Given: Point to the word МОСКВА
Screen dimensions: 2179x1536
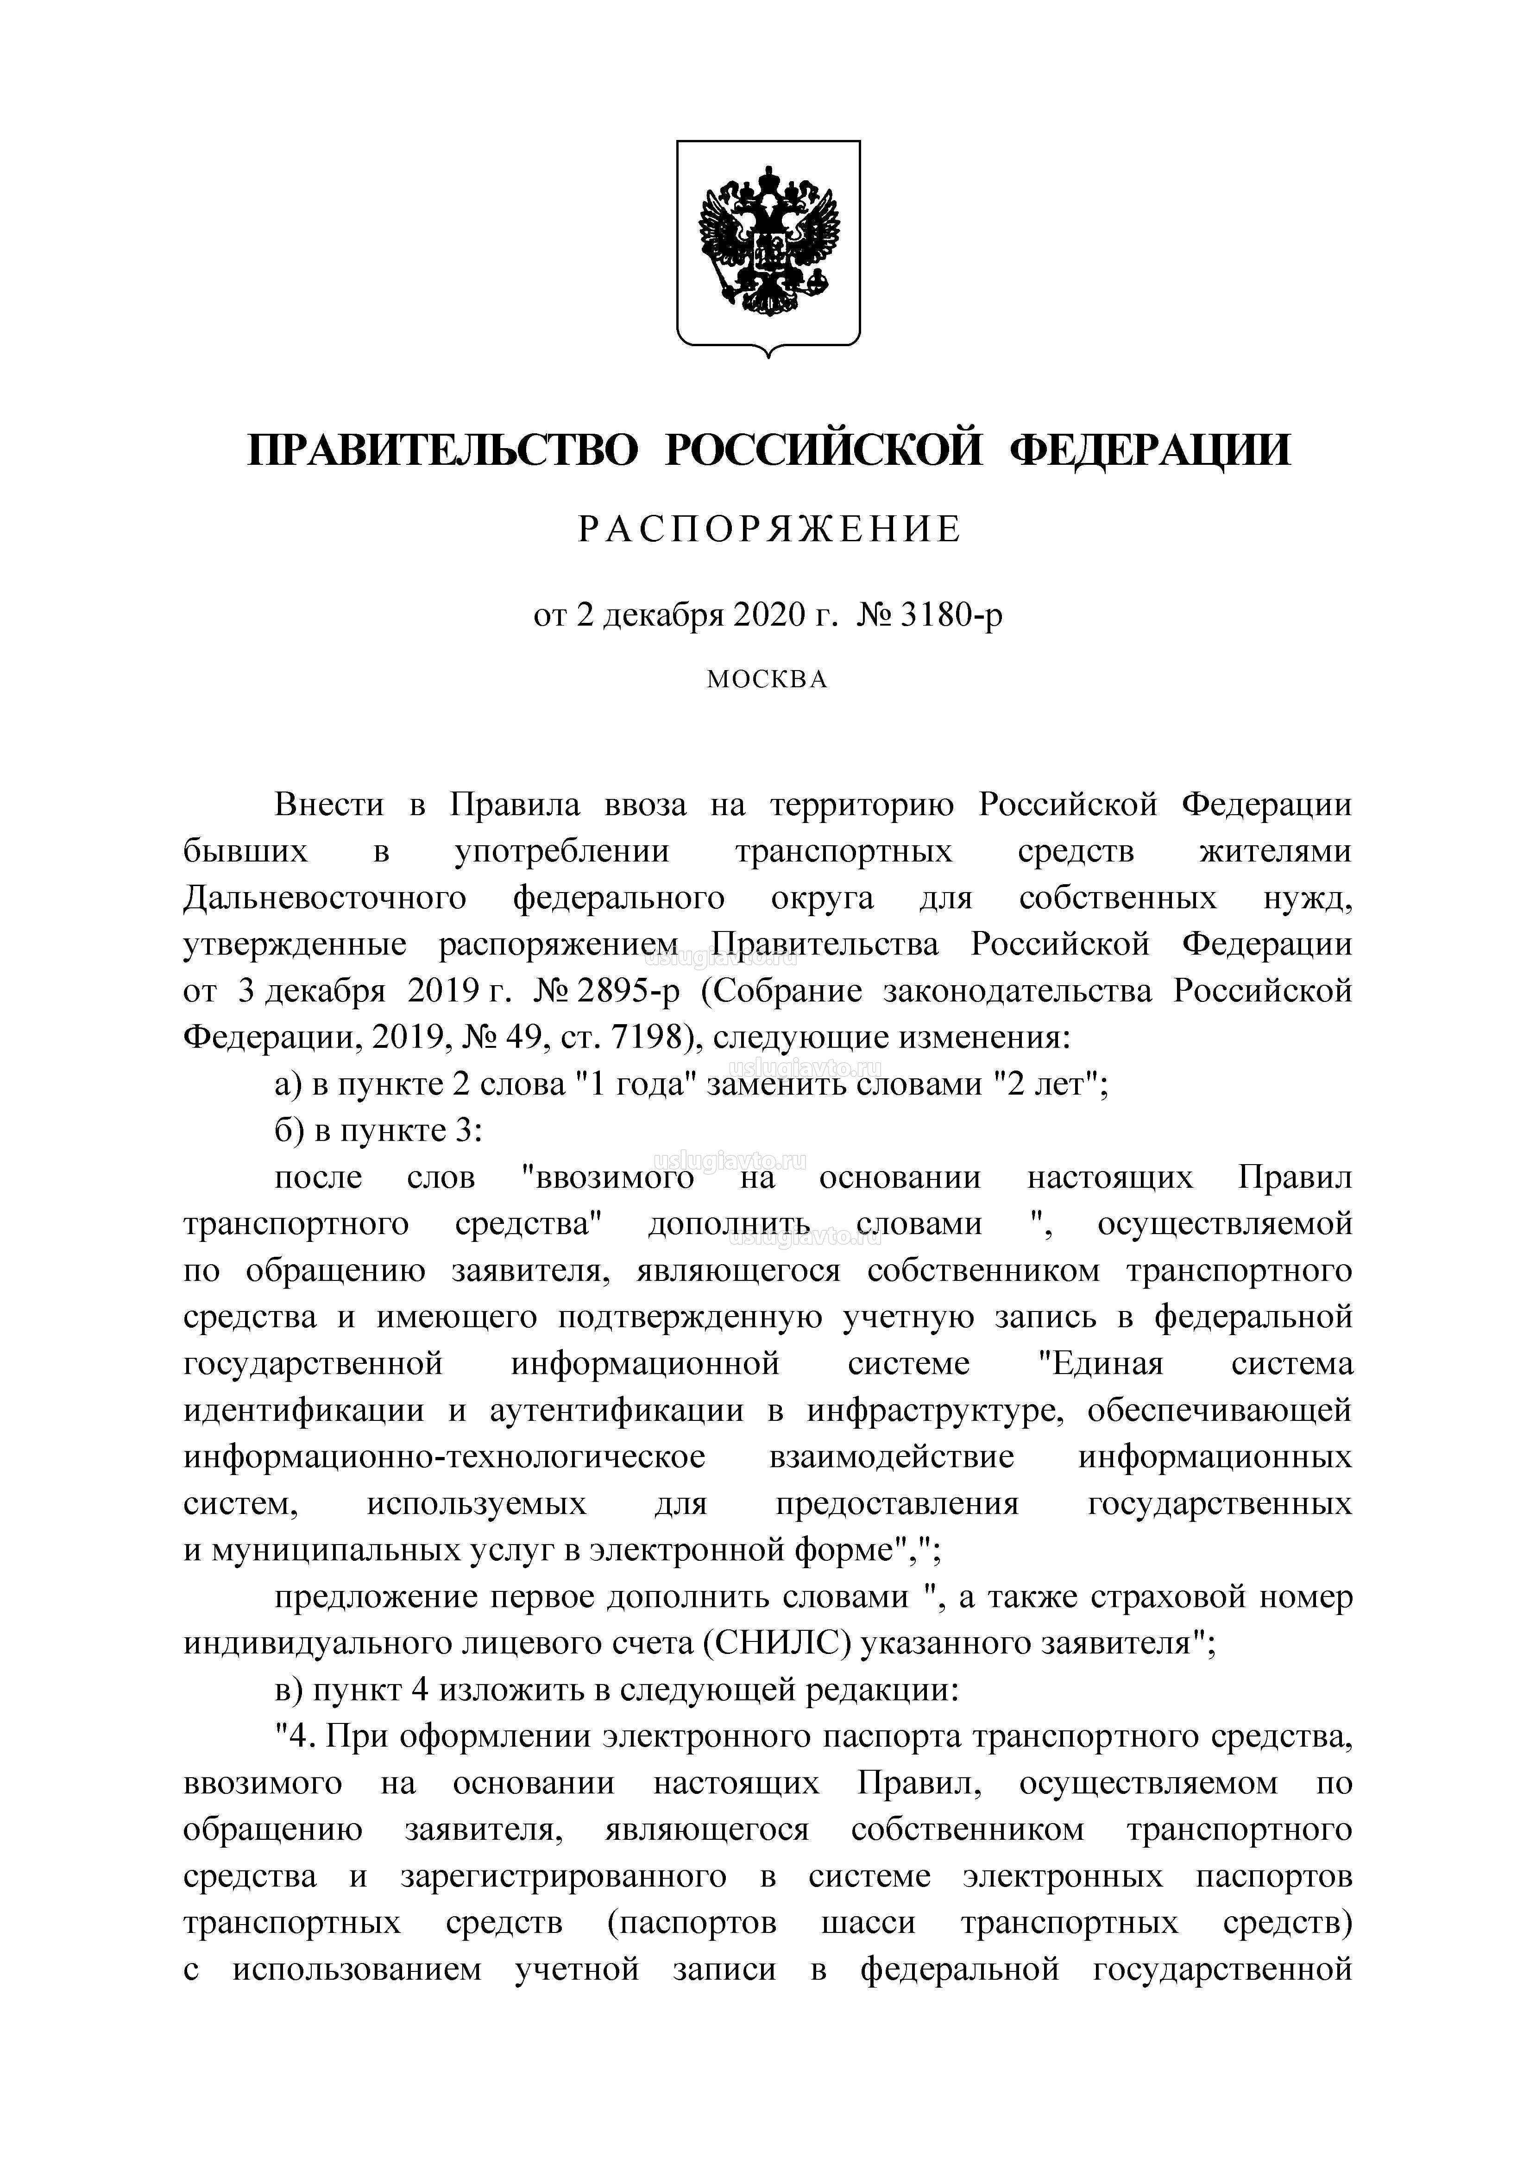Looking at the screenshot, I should point(768,679).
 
